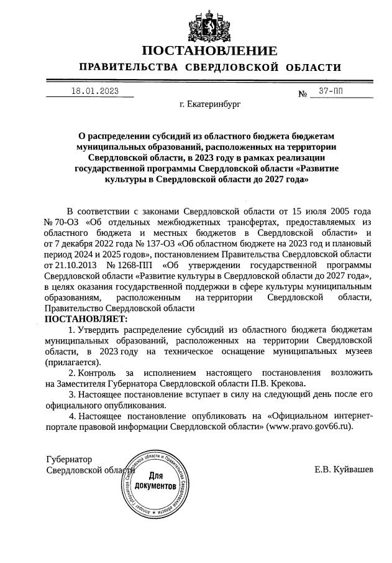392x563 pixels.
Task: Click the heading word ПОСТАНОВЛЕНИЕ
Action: [209, 50]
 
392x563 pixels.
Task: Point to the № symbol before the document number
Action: [303, 95]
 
